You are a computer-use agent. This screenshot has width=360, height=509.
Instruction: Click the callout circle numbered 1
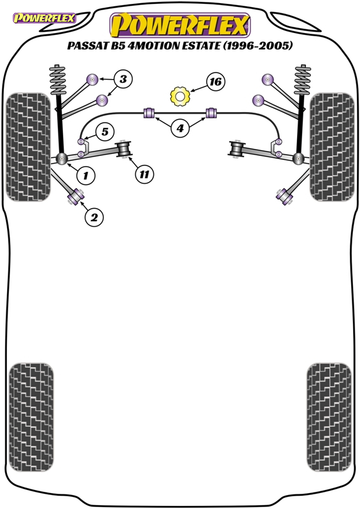(x=86, y=173)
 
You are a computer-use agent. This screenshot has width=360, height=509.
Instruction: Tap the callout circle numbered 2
(x=93, y=218)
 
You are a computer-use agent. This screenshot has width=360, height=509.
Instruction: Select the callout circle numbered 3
(x=124, y=80)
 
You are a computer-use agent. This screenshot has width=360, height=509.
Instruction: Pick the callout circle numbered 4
(x=180, y=129)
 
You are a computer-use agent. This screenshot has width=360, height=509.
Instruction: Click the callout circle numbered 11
(x=145, y=173)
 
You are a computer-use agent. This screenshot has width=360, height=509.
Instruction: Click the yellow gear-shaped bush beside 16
(x=180, y=96)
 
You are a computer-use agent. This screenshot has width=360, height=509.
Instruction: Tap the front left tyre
(x=29, y=146)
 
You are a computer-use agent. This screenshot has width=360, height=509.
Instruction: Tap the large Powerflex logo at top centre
(x=180, y=25)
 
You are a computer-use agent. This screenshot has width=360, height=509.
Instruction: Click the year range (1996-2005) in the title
(x=260, y=48)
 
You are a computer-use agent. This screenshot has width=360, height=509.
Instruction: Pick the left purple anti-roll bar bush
(x=151, y=114)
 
